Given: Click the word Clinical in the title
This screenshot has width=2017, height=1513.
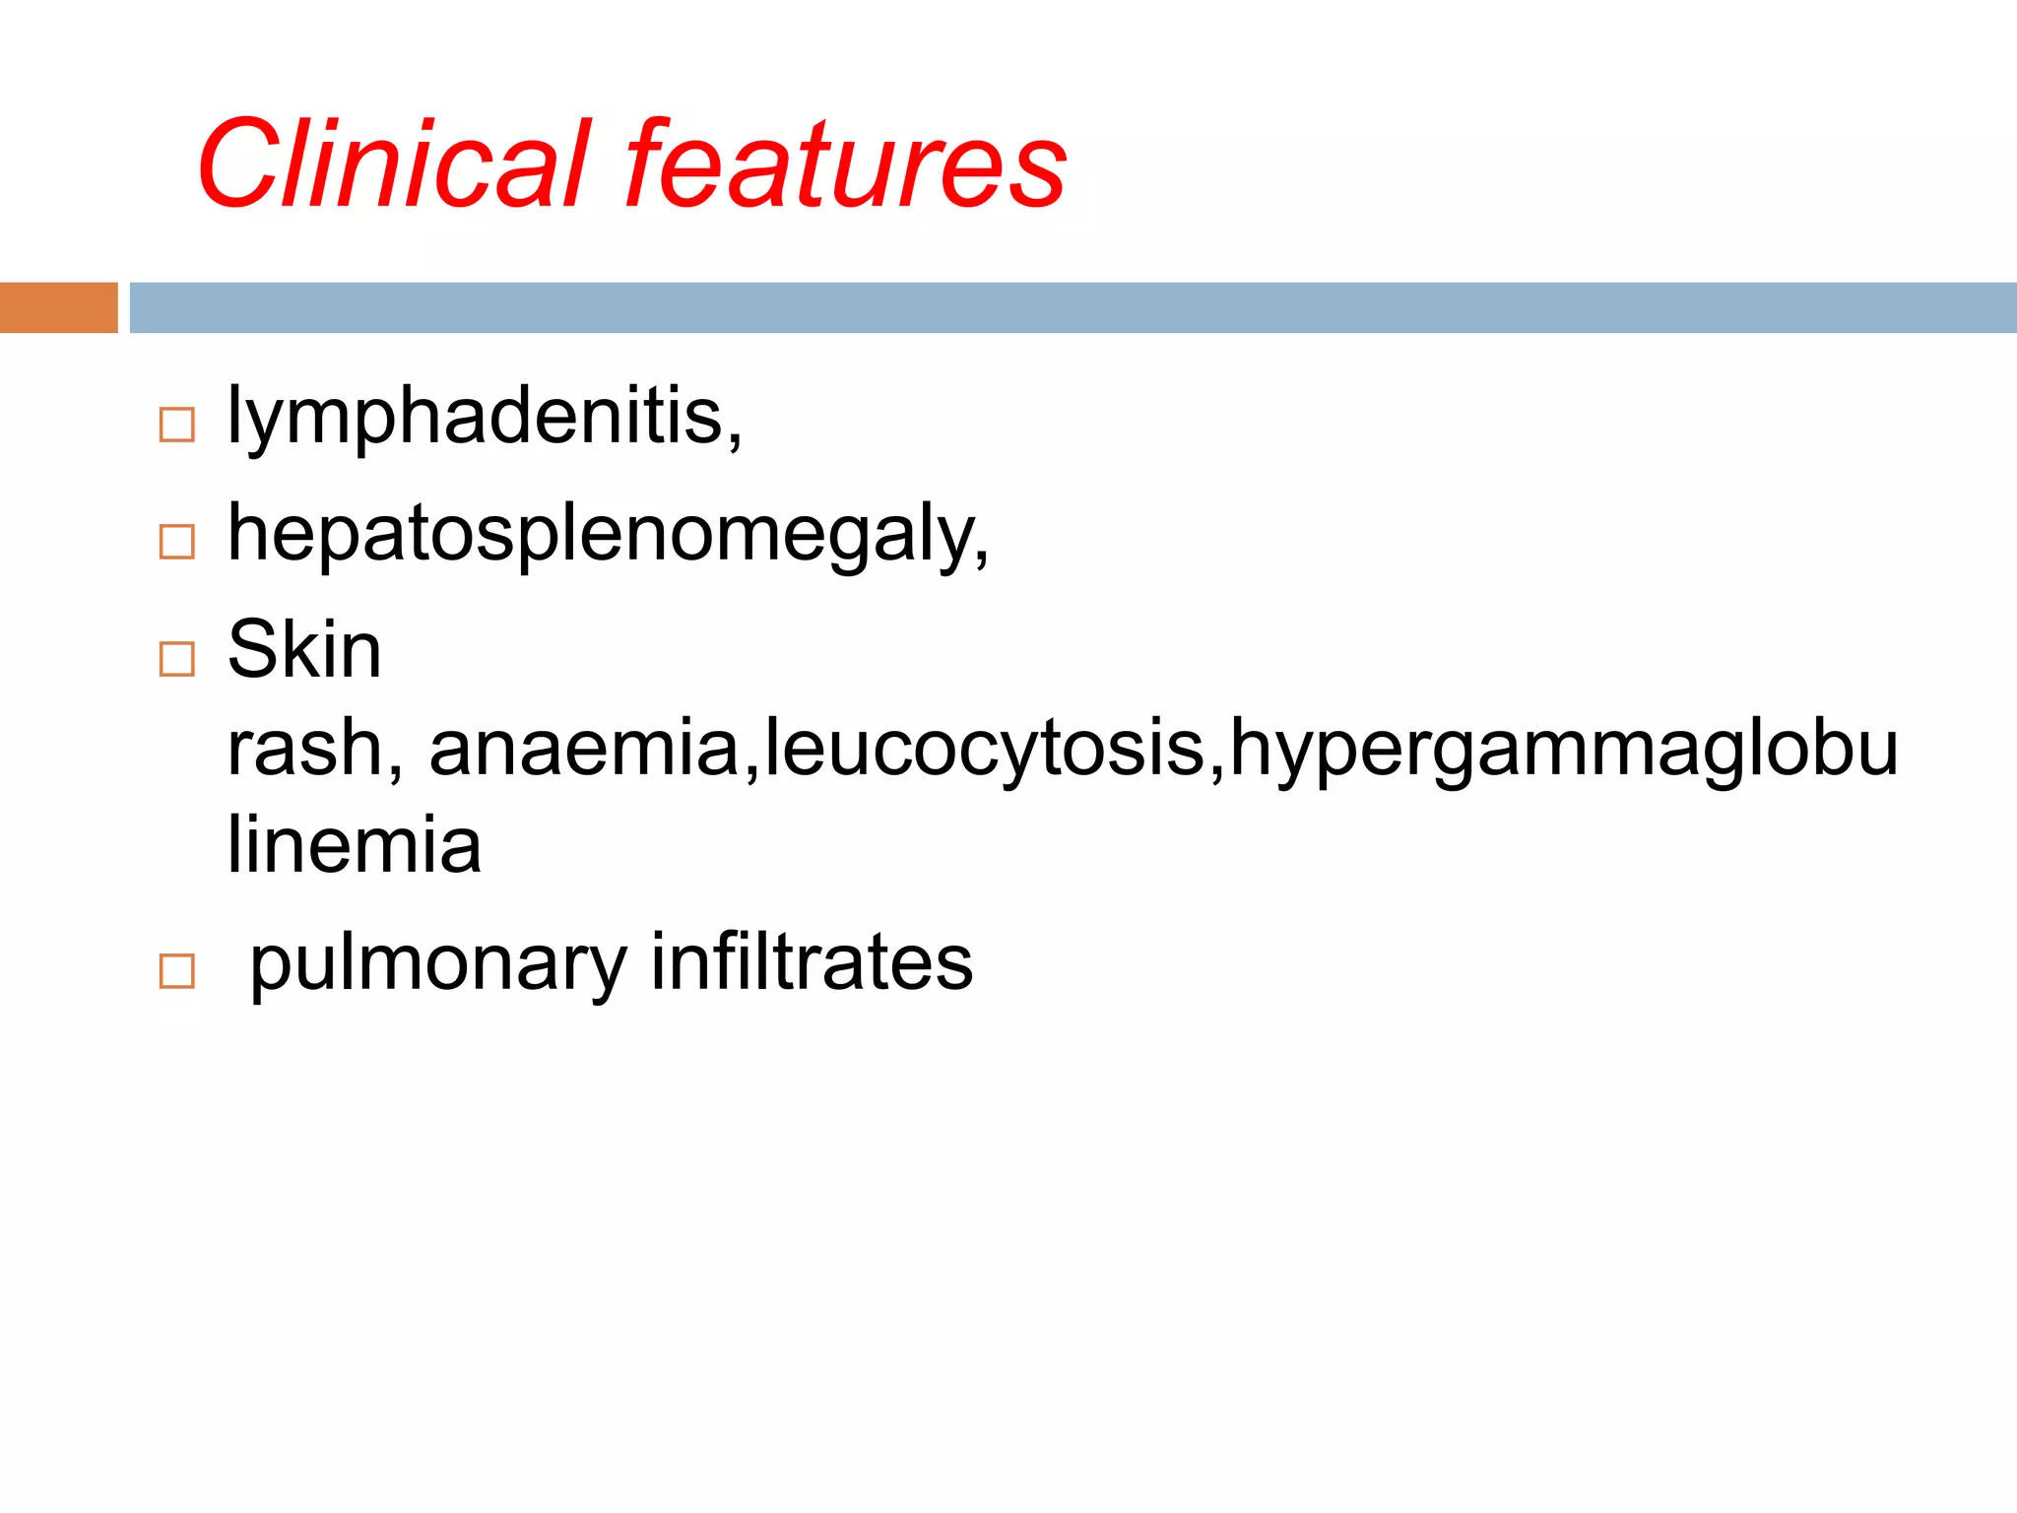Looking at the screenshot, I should (394, 164).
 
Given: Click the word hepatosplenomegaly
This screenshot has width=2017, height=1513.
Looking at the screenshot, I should (600, 535).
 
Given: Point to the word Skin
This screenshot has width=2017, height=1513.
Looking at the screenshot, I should (304, 649).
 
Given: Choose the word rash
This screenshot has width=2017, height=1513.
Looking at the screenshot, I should (304, 749).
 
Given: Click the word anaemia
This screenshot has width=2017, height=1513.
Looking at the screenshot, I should (584, 749).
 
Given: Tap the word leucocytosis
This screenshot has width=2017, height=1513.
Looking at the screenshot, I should (985, 749).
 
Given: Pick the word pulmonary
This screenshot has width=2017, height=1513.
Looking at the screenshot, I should (437, 963).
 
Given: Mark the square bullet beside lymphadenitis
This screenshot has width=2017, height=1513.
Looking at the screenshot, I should (177, 425).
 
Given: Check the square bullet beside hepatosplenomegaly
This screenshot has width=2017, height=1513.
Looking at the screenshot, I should (177, 542).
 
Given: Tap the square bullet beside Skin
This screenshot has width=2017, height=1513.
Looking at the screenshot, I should (177, 658).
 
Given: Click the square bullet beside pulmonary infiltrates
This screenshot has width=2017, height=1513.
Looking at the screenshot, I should (177, 971).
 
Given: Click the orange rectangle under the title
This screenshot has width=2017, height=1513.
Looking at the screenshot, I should (59, 307).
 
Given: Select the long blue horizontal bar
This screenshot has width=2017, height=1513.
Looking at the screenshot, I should (1074, 307).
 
